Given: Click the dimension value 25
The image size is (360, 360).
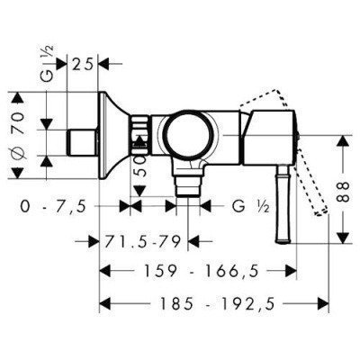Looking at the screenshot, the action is pos(82,63).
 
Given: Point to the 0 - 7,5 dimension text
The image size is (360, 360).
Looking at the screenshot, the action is pos(53,207).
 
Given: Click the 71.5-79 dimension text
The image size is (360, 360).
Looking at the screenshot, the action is pos(142,241).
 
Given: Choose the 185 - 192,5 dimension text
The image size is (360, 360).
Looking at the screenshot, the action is pos(217,304).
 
